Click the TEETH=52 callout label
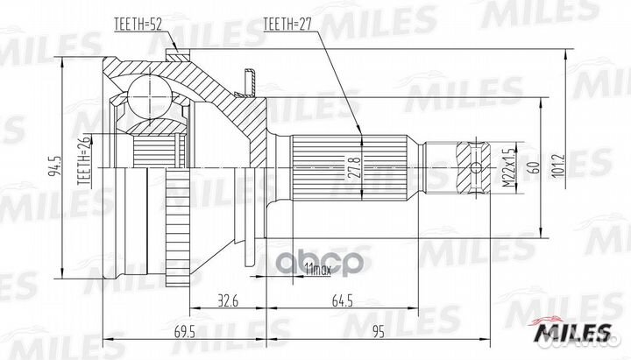click(x=138, y=25)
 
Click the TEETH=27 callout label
click(x=287, y=25)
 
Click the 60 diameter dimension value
click(x=535, y=167)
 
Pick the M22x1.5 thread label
click(x=509, y=167)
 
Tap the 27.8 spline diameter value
click(x=354, y=167)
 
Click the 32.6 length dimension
click(x=228, y=300)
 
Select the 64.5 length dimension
click(x=342, y=300)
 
